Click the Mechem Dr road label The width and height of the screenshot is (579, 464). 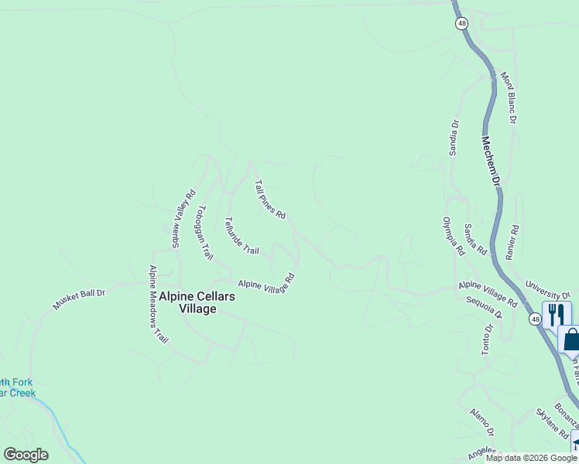[x=492, y=161]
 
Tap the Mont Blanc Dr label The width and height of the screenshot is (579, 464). [x=509, y=98]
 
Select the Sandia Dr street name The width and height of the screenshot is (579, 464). [x=455, y=137]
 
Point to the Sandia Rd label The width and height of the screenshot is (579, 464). [x=475, y=239]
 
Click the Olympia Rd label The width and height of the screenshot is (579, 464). [x=453, y=236]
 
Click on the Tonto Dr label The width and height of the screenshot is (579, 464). [x=488, y=339]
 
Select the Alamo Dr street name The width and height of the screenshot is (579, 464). [x=481, y=421]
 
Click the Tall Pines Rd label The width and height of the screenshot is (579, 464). [x=270, y=200]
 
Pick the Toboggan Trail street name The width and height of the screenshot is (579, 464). [x=204, y=233]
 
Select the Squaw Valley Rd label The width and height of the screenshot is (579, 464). [x=183, y=218]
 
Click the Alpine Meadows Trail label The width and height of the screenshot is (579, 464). [x=158, y=304]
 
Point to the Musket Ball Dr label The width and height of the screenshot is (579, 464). [x=78, y=296]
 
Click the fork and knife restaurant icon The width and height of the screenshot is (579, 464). [x=556, y=315]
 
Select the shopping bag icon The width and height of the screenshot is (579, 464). [x=571, y=339]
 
